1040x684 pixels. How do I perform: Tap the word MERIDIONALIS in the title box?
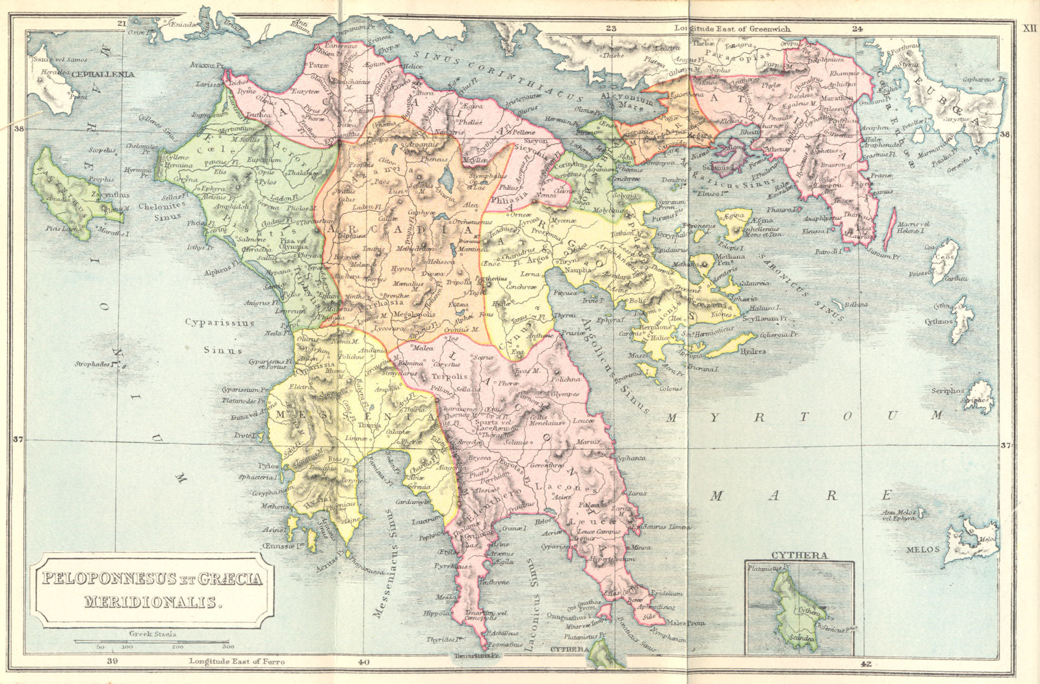[x=153, y=601]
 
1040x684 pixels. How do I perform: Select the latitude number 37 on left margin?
[x=18, y=440]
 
